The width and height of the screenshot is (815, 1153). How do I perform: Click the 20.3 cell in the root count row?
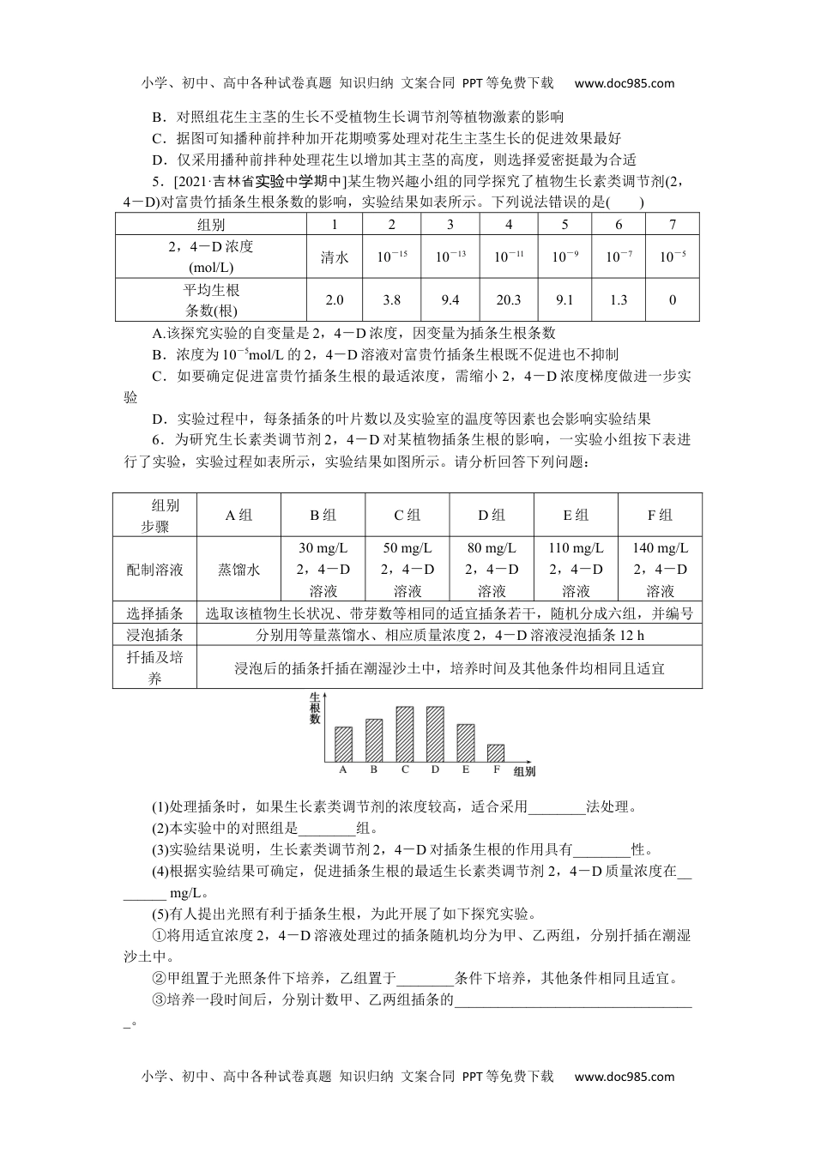(x=508, y=299)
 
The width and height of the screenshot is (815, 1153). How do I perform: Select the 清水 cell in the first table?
(x=335, y=257)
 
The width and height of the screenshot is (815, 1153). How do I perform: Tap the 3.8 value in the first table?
(x=391, y=299)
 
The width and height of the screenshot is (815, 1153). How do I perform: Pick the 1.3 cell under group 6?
(x=619, y=299)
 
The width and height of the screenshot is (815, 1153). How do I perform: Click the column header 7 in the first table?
(x=673, y=225)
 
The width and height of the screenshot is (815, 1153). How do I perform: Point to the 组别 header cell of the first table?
(x=211, y=225)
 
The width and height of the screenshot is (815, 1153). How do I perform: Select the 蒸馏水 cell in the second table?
(x=238, y=570)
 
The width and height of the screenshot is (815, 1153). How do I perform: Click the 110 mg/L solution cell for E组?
(x=576, y=570)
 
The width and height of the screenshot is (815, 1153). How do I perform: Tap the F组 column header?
(x=660, y=516)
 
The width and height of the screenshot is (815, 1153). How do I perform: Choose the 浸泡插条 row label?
(x=154, y=635)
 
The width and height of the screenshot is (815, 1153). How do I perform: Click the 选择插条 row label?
(x=154, y=613)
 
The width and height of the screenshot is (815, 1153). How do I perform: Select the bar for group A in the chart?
(x=343, y=744)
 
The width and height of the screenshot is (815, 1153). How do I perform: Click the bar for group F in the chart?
(x=496, y=752)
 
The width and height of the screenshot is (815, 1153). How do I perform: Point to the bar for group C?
(x=405, y=734)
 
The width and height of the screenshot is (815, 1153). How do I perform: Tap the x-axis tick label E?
(x=466, y=770)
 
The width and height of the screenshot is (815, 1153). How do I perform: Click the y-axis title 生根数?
(x=314, y=707)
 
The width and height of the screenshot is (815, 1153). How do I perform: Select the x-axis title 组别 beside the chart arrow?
(x=524, y=772)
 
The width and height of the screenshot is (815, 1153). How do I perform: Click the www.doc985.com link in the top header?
(x=624, y=83)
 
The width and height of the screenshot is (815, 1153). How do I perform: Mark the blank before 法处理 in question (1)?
(x=557, y=807)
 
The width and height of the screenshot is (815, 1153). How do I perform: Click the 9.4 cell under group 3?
(x=450, y=299)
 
